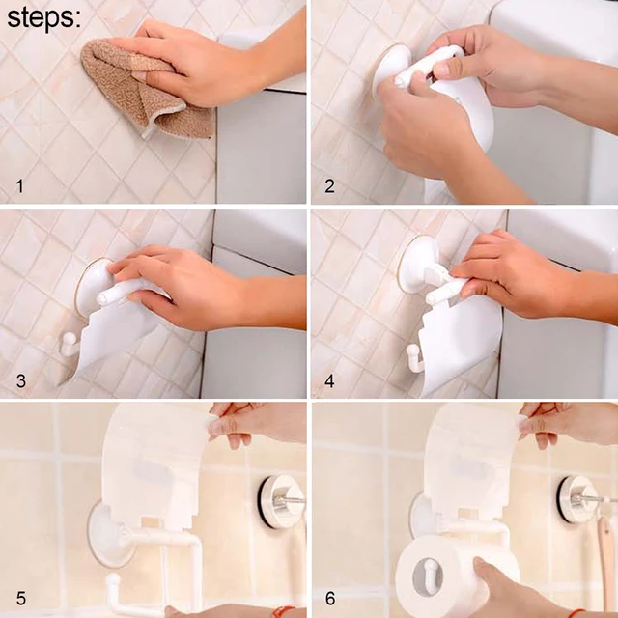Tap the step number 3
(x=19, y=381)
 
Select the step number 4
(x=329, y=381)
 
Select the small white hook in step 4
(x=414, y=356)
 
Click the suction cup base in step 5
(x=110, y=532)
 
